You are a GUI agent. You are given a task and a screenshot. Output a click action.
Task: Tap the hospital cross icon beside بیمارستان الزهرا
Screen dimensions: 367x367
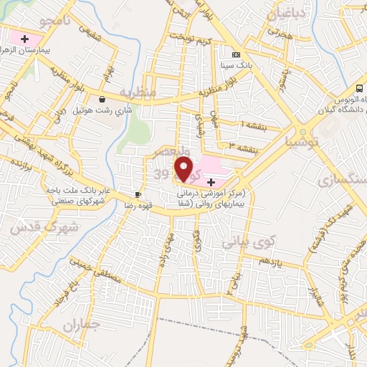point(26,38)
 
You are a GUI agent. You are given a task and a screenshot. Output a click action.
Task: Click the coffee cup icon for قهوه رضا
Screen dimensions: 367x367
point(138,194)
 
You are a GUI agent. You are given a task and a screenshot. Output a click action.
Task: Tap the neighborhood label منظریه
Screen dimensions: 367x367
point(136,92)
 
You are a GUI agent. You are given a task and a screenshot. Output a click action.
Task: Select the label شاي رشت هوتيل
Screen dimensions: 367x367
point(104,111)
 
